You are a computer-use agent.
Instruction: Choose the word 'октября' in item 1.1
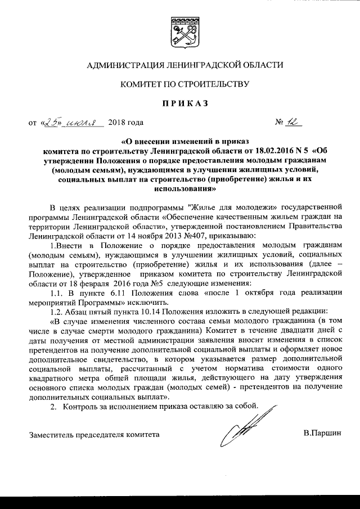(x=257, y=292)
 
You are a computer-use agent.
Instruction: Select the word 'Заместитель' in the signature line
(x=52, y=434)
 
